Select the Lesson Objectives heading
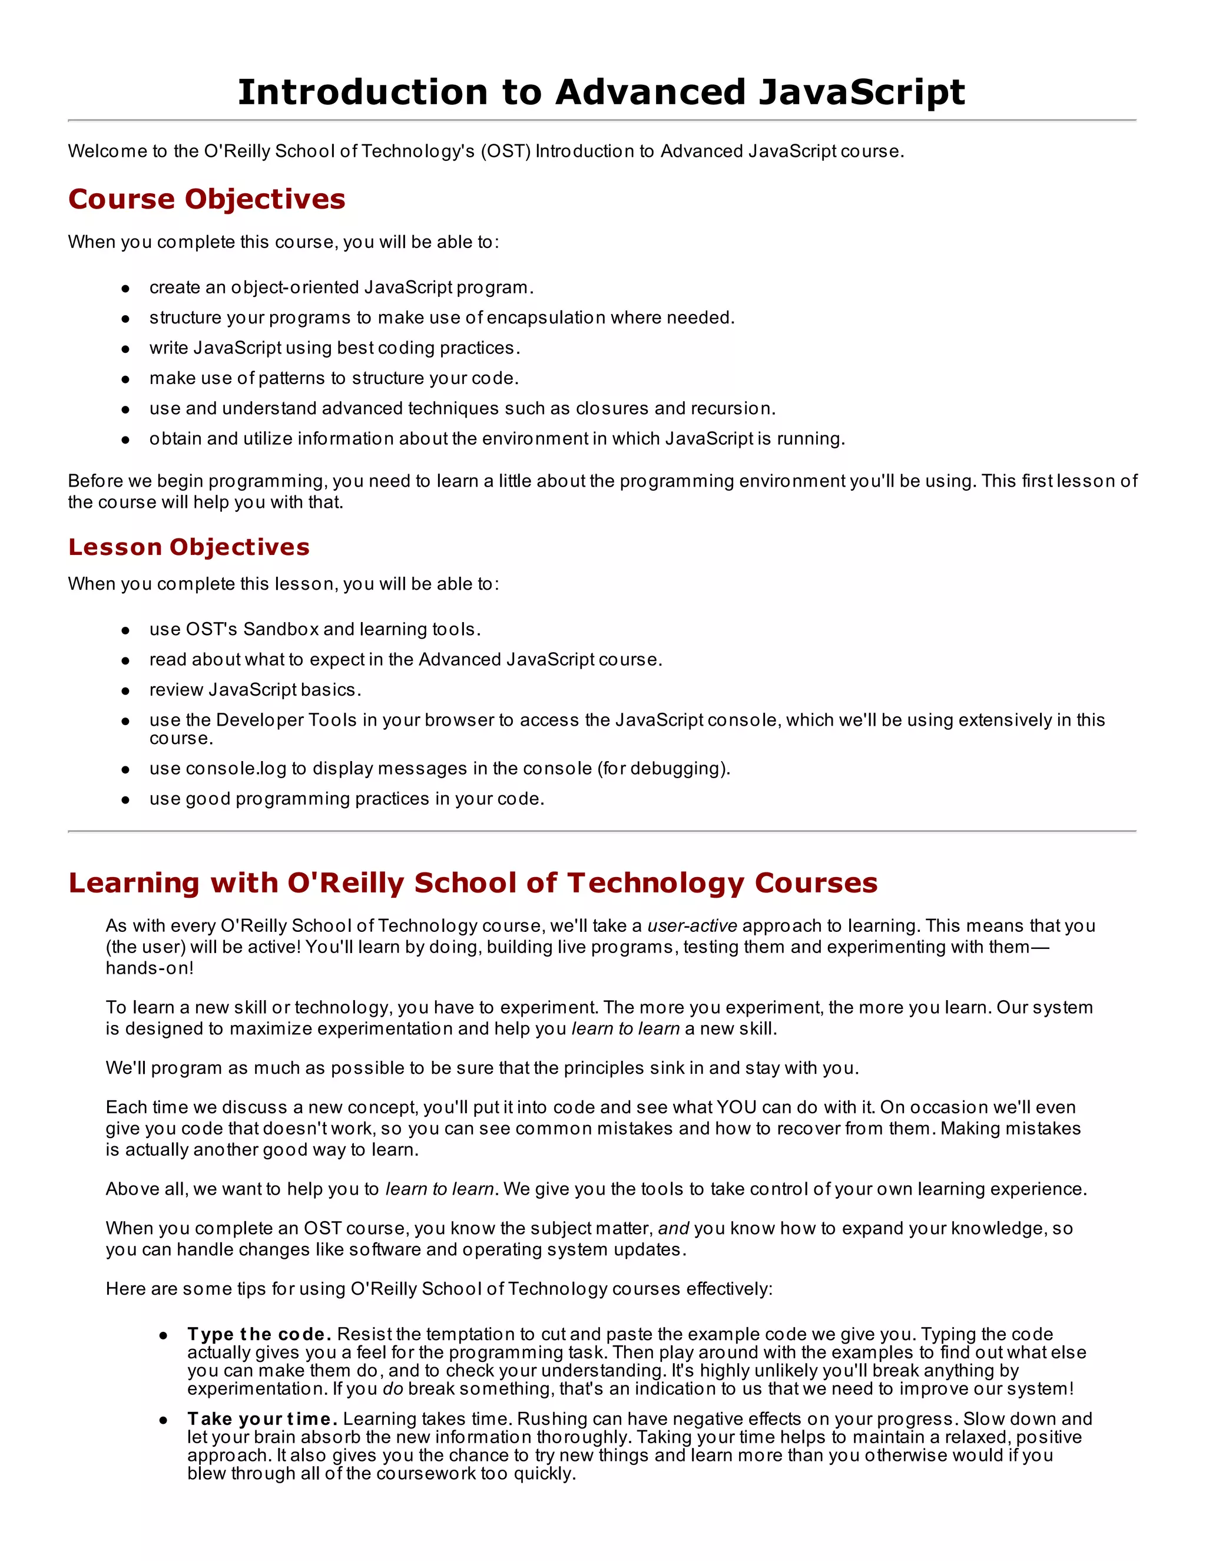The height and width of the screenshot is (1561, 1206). point(188,547)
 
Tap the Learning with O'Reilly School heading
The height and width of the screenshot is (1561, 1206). point(472,883)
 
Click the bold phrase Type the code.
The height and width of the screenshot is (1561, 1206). point(259,1334)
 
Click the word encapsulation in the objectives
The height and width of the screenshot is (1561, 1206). point(546,318)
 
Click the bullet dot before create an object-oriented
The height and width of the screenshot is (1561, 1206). point(125,288)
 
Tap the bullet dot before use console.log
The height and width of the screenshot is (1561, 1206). point(125,769)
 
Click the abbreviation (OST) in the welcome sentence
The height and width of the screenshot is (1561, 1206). point(505,151)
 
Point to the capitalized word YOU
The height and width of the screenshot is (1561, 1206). point(736,1107)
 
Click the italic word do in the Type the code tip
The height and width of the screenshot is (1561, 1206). point(393,1389)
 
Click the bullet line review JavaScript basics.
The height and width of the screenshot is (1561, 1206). point(255,690)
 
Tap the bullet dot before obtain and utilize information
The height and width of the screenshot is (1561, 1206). point(125,439)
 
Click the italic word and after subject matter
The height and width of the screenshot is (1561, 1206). point(673,1228)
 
